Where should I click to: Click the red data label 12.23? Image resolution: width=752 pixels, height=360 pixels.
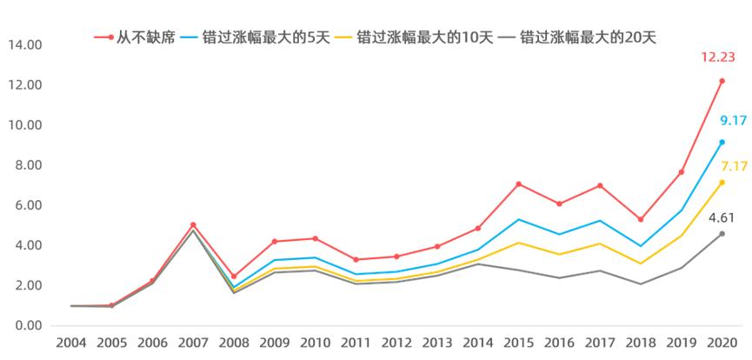click(x=719, y=57)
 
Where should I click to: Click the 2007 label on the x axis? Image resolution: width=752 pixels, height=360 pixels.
click(x=193, y=343)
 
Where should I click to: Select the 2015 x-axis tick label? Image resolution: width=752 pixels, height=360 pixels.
click(x=518, y=343)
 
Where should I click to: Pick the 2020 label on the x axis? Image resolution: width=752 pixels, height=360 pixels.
click(x=722, y=343)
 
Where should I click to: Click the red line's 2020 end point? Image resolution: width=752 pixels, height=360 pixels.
click(x=722, y=81)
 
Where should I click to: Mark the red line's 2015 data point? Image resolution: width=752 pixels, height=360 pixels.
click(x=518, y=183)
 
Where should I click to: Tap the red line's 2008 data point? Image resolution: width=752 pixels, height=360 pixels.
click(x=234, y=277)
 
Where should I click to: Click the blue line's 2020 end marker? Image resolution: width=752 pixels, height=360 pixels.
click(x=722, y=142)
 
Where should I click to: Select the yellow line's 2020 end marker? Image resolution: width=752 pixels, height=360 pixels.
click(x=722, y=183)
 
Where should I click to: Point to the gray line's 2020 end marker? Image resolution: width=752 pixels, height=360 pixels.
click(x=722, y=233)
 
